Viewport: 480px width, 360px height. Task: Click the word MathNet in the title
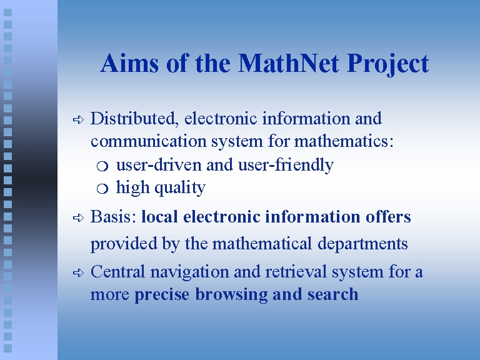[x=288, y=63]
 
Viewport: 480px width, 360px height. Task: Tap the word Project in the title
[x=388, y=64]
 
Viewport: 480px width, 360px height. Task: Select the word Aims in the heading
[x=129, y=62]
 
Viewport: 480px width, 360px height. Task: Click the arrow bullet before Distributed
[x=78, y=120]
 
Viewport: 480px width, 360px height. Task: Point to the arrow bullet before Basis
[x=78, y=217]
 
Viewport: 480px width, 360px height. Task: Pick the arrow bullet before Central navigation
[x=78, y=272]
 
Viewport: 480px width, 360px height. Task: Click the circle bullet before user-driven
[x=102, y=166]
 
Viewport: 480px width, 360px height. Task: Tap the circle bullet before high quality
[x=102, y=189]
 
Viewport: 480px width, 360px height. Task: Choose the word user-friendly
[x=286, y=165]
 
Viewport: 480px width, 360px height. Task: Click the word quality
[x=180, y=188]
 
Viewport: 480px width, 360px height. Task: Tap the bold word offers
[x=388, y=216]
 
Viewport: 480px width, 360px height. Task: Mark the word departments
[x=362, y=244]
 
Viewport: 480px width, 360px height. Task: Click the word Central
[x=117, y=271]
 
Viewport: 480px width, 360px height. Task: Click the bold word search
[x=332, y=294]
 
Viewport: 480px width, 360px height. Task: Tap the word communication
[x=149, y=141]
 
